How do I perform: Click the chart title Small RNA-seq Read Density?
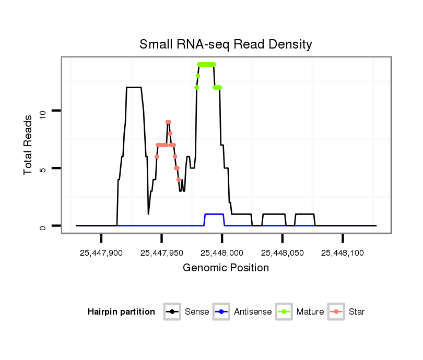click(x=226, y=44)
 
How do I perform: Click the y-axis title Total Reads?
click(x=29, y=145)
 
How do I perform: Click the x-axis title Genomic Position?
click(x=226, y=268)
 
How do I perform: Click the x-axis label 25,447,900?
click(x=101, y=253)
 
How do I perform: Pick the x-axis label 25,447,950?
click(x=161, y=253)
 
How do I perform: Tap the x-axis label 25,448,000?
click(x=222, y=253)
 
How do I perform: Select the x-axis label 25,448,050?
click(x=282, y=253)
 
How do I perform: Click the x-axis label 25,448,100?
click(x=343, y=253)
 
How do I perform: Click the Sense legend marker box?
click(x=172, y=312)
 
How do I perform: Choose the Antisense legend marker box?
click(x=222, y=312)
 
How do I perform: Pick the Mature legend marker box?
click(x=284, y=312)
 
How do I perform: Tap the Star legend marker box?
click(x=337, y=312)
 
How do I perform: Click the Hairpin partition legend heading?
click(x=121, y=312)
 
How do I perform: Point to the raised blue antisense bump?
click(x=214, y=214)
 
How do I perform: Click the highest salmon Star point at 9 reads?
click(x=168, y=122)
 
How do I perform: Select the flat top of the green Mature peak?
click(x=206, y=64)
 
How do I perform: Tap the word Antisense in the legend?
click(x=253, y=312)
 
